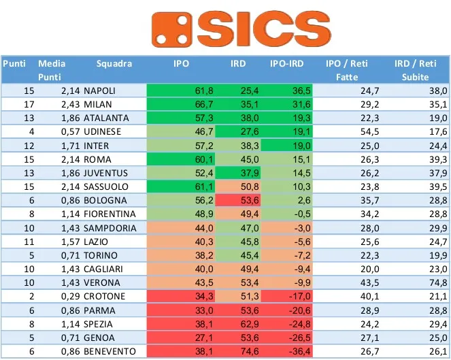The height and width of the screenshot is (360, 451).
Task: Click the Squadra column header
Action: (x=114, y=64)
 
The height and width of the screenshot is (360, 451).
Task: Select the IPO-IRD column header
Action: (x=288, y=64)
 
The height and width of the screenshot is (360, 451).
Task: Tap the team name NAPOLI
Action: (x=99, y=91)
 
